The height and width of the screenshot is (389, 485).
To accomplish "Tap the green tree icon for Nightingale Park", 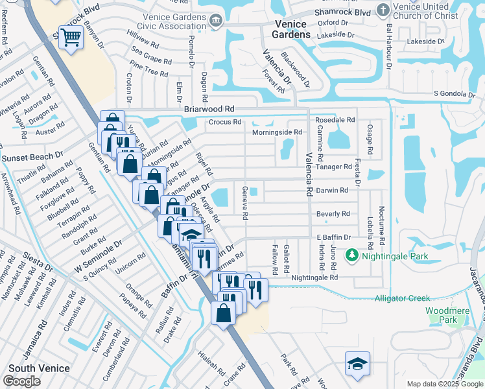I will [x=352, y=256].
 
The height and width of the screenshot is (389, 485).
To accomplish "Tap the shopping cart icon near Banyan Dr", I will [x=70, y=38].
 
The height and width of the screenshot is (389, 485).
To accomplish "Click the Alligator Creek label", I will [x=402, y=298].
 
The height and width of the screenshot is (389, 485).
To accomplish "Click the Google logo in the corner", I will [x=21, y=381].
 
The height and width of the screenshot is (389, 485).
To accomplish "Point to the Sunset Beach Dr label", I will [x=32, y=158].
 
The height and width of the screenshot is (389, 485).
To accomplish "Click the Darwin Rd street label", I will [x=332, y=190].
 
